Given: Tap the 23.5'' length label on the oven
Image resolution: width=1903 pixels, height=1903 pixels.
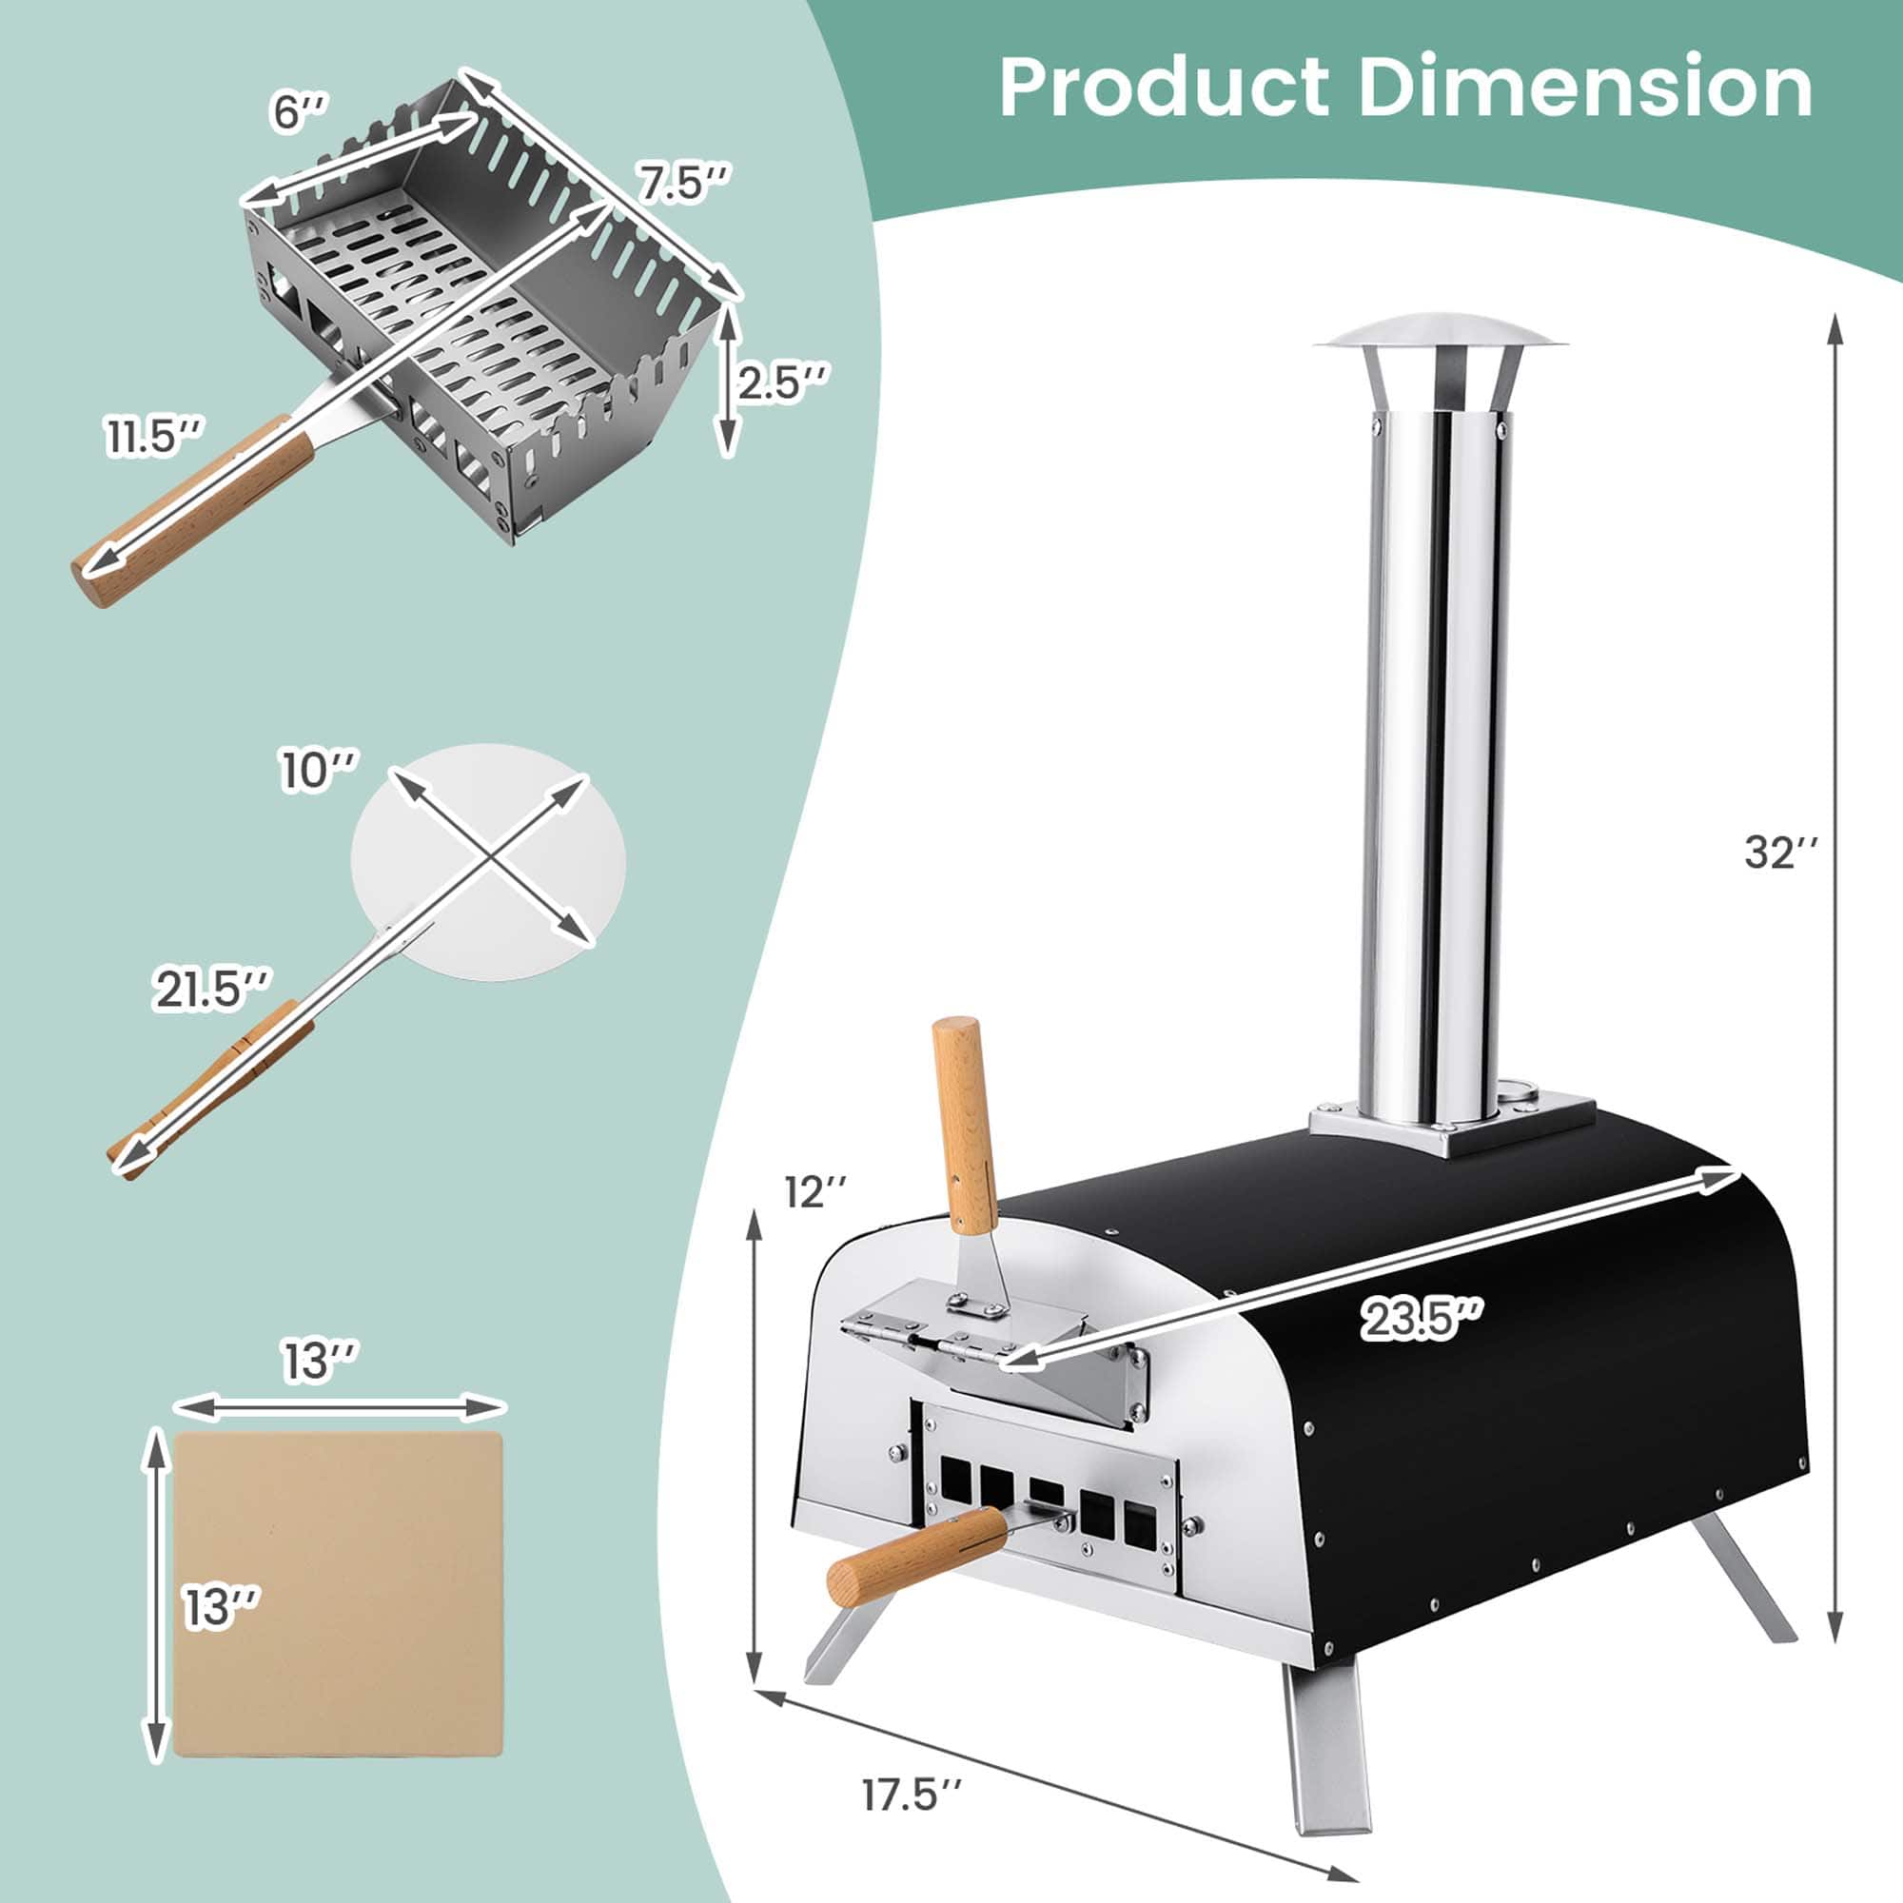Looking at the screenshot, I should pyautogui.click(x=1421, y=1319).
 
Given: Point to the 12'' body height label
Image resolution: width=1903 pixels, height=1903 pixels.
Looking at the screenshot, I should pyautogui.click(x=816, y=1193).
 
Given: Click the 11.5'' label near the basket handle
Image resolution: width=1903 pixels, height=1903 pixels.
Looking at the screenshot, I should pyautogui.click(x=155, y=437).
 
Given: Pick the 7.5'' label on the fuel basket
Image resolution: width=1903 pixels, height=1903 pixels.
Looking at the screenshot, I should pyautogui.click(x=682, y=184).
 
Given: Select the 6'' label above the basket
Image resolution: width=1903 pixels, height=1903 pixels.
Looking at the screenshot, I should pyautogui.click(x=300, y=111).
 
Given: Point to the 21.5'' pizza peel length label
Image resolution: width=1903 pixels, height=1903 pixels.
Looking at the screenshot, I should pyautogui.click(x=209, y=989).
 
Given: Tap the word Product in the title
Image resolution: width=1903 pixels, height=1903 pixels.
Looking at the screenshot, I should pyautogui.click(x=1164, y=88).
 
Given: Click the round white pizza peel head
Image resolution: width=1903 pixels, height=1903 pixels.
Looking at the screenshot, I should pyautogui.click(x=488, y=861).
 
